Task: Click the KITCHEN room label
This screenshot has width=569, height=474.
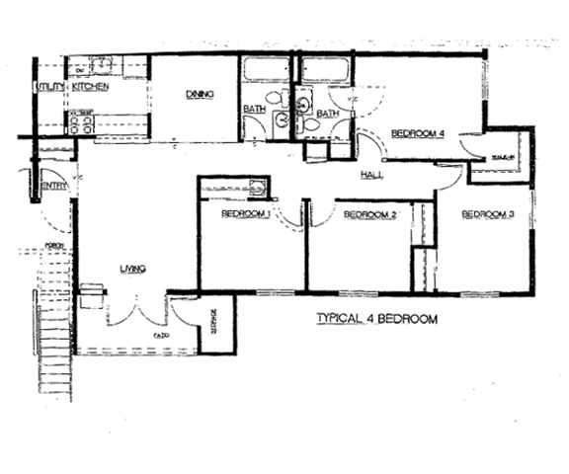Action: [x=90, y=88]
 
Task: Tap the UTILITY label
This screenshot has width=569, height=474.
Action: [x=49, y=88]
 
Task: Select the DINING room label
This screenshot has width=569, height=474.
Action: [x=201, y=94]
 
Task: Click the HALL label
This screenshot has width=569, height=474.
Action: [x=372, y=174]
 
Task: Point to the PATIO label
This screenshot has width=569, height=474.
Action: [x=158, y=336]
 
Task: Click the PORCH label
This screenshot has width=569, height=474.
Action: [x=53, y=247]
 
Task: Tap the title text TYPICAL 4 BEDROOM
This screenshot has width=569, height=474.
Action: [x=375, y=319]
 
